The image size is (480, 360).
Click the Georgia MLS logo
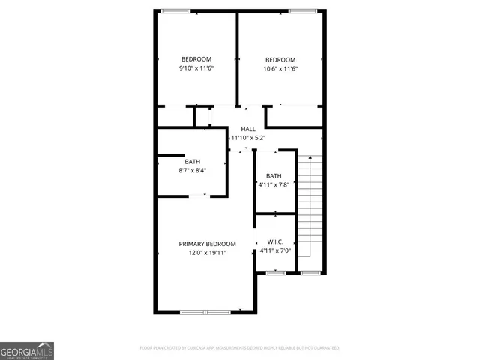click(x=27, y=350)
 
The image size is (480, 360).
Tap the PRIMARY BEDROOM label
click(x=207, y=244)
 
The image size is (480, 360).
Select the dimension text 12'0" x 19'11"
click(x=207, y=253)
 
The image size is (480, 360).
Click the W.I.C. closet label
click(x=274, y=242)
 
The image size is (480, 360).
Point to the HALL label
click(x=248, y=130)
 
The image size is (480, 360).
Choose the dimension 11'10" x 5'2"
click(x=248, y=139)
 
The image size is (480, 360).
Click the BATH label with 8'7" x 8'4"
click(x=193, y=161)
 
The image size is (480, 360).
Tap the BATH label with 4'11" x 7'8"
click(x=274, y=176)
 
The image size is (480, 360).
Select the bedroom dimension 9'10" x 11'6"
click(x=196, y=69)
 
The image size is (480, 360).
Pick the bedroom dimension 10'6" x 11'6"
click(x=280, y=69)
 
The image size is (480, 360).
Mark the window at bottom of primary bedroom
click(x=205, y=311)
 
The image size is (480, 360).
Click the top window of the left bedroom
click(x=175, y=10)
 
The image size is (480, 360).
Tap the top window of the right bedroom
click(x=302, y=10)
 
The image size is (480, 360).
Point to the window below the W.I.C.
click(x=277, y=272)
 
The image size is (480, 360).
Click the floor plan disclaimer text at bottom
click(x=240, y=348)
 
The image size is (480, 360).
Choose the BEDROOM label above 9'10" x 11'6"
click(x=196, y=59)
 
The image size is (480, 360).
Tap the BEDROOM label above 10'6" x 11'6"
click(x=280, y=60)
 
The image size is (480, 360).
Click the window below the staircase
click(x=310, y=272)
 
